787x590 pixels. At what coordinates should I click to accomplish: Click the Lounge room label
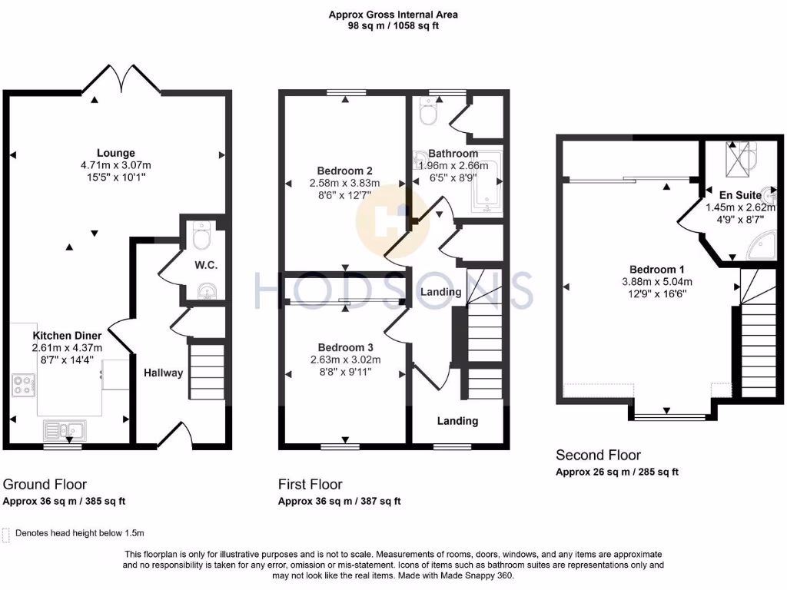[x=116, y=153]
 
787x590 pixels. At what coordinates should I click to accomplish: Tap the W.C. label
[x=207, y=265]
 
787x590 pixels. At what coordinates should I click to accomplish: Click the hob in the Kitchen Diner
[x=23, y=384]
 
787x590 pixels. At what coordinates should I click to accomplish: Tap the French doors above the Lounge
[x=121, y=79]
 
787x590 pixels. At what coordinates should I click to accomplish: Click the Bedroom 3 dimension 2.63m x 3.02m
[x=345, y=360]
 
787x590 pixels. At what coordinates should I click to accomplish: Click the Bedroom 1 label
[x=656, y=269]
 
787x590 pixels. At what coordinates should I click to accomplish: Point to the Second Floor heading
[x=598, y=455]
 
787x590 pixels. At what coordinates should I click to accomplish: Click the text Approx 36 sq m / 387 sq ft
[x=339, y=502]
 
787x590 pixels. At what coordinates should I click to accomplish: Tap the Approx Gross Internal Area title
[x=393, y=14]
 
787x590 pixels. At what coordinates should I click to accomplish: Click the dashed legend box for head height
[x=7, y=533]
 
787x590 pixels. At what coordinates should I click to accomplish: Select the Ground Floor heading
[x=45, y=484]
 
